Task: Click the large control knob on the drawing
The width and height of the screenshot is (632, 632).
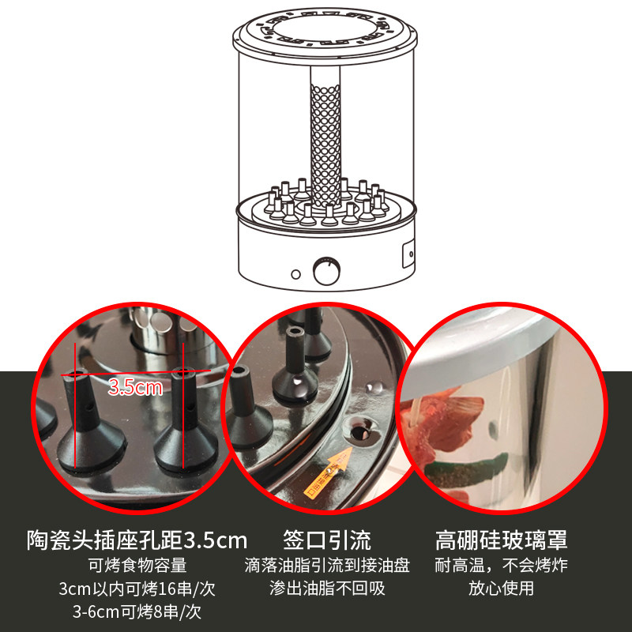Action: (326, 270)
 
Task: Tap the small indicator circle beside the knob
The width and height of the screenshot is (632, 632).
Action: (295, 274)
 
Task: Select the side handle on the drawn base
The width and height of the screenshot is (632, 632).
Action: (408, 254)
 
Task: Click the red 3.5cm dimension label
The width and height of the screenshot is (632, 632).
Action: (135, 387)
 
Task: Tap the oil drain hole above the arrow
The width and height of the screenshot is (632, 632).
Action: (360, 431)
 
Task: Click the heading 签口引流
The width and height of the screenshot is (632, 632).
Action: (327, 540)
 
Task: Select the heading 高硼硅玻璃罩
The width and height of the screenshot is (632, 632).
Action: (502, 540)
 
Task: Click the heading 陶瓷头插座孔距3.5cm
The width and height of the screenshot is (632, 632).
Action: (137, 540)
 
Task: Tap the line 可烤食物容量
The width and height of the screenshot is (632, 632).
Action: (137, 565)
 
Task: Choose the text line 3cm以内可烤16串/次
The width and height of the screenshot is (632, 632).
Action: (137, 589)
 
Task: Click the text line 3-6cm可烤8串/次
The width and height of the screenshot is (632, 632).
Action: (137, 611)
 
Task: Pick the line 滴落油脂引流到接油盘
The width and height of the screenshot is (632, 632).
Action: (327, 565)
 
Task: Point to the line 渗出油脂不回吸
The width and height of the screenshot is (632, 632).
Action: (327, 589)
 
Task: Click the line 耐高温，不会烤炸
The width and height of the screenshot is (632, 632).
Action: (502, 565)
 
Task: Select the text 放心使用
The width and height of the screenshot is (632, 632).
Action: (502, 589)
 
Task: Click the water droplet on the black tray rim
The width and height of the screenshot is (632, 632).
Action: (374, 388)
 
